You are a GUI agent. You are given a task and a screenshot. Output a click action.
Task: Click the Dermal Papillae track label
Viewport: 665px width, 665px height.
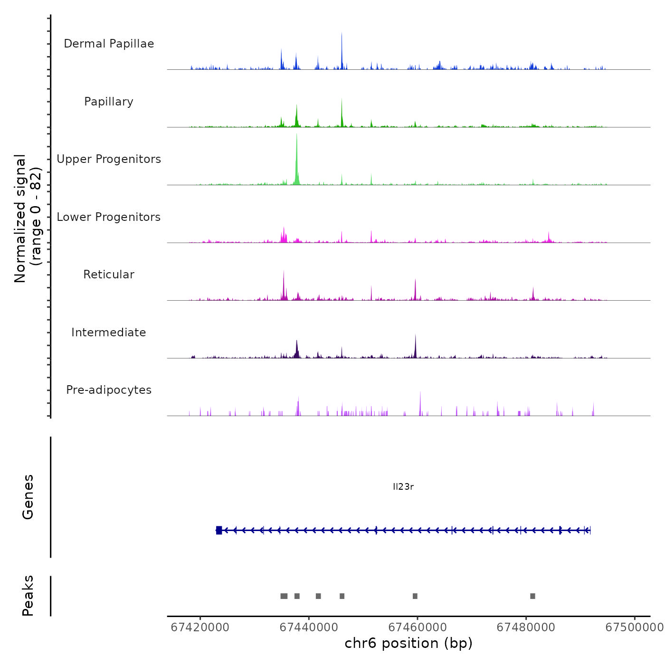point(109,44)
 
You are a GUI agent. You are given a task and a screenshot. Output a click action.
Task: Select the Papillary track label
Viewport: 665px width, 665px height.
point(109,102)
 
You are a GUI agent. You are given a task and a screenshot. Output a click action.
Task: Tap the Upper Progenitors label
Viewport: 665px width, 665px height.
point(109,159)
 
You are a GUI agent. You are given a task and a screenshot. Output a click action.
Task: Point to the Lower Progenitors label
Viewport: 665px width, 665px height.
point(109,217)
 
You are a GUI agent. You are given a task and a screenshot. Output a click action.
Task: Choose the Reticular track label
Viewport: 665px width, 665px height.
point(109,275)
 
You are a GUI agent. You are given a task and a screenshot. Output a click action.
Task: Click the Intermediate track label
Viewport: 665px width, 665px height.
point(109,332)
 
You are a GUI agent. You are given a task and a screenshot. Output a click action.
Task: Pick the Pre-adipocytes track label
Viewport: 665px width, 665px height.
point(109,390)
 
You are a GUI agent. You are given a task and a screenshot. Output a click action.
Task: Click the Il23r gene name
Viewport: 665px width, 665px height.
point(403,486)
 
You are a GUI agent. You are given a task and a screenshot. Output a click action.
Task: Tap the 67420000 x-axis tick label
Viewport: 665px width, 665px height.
point(200,627)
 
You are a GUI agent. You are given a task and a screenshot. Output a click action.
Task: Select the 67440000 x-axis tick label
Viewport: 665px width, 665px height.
point(309,627)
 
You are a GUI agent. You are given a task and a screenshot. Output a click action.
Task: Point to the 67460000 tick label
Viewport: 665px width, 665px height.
point(418,627)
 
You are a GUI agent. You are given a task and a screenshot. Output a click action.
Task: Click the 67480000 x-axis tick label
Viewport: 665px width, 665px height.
point(526,627)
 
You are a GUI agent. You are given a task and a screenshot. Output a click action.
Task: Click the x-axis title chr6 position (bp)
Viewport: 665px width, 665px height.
point(408,644)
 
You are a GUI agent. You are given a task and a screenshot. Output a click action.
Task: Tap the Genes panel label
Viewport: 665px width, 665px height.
point(28,497)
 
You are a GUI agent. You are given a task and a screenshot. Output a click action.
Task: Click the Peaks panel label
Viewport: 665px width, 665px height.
point(28,596)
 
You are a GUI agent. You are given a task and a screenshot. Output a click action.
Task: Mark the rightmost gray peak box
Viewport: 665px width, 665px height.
point(532,596)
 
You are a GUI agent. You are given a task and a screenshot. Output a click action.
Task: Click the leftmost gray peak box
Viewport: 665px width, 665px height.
point(284,596)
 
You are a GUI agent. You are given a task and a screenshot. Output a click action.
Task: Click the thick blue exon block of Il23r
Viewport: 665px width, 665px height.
point(219,530)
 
